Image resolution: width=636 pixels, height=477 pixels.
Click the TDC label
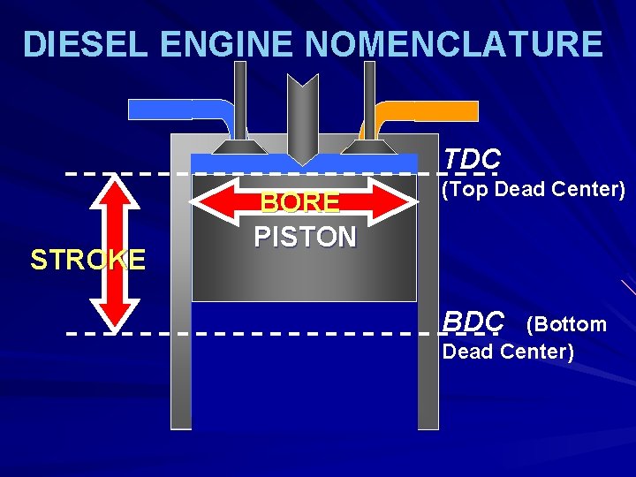(472, 158)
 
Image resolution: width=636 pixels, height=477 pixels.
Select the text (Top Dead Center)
(534, 190)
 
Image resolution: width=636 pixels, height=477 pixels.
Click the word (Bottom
(566, 324)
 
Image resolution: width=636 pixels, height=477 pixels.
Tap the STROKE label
(87, 260)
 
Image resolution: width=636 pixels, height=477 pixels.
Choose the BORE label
(299, 203)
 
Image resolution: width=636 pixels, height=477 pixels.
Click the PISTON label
(305, 237)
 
